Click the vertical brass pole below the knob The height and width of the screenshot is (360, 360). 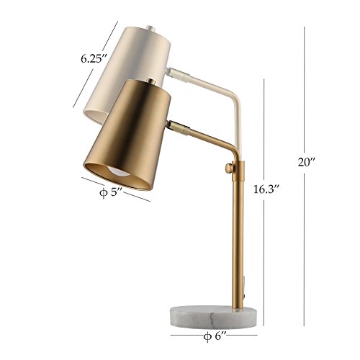[237, 238]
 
